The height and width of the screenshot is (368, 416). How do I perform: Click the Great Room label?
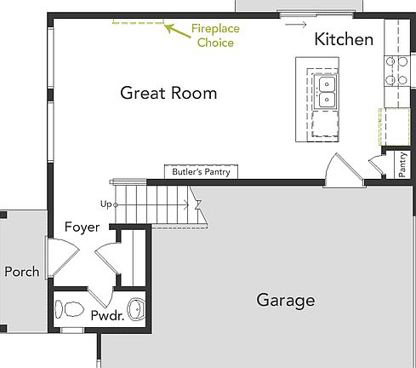(x=168, y=92)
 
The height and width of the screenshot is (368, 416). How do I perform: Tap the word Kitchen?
(x=344, y=39)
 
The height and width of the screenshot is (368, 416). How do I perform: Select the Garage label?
(x=285, y=300)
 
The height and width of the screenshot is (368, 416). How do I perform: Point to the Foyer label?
(x=83, y=227)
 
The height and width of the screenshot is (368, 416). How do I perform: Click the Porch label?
(x=21, y=272)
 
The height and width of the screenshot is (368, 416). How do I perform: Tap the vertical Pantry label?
(x=402, y=165)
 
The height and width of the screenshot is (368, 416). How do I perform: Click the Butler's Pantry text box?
(x=201, y=172)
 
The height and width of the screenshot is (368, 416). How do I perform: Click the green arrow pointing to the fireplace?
(x=175, y=31)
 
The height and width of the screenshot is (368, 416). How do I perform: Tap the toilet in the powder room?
(x=67, y=307)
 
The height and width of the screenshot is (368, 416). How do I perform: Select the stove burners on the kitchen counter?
(x=396, y=72)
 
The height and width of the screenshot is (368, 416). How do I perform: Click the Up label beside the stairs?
(x=105, y=204)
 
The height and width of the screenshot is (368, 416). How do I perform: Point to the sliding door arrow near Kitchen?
(x=295, y=24)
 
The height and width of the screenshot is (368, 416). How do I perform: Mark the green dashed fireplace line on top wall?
(x=137, y=23)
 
